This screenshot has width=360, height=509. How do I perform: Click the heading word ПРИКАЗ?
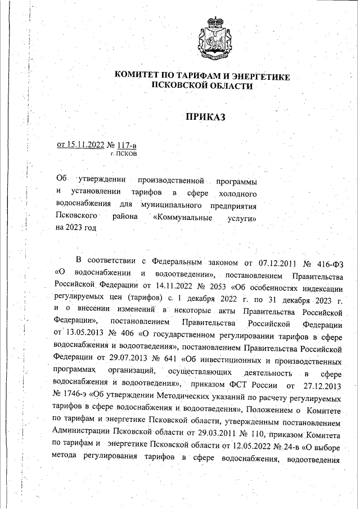click(205, 117)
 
